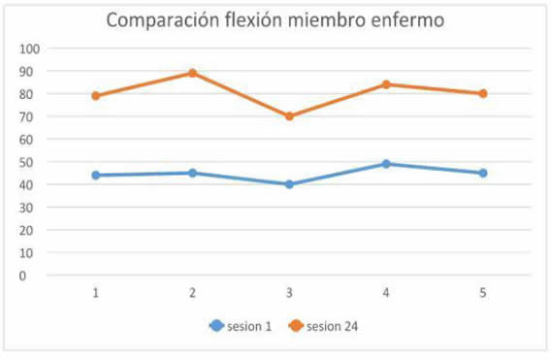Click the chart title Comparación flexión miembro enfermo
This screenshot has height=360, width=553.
click(x=275, y=20)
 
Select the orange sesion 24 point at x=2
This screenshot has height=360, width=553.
click(x=192, y=73)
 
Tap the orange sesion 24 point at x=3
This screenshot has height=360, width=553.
click(x=289, y=116)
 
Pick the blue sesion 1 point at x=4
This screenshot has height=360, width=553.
click(x=386, y=164)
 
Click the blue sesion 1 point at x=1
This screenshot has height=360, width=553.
click(x=95, y=175)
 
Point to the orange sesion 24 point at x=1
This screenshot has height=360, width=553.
click(x=95, y=96)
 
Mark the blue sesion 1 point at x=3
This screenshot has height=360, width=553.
click(x=289, y=184)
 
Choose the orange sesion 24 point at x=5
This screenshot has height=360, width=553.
click(x=483, y=93)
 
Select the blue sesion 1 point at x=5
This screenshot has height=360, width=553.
click(x=483, y=173)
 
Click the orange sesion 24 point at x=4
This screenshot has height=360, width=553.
click(x=386, y=84)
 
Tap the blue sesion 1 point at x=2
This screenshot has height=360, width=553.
click(x=192, y=173)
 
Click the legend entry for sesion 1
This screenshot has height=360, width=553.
click(x=239, y=326)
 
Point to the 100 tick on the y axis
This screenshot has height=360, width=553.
click(x=29, y=49)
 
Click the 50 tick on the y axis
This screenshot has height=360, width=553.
click(x=32, y=162)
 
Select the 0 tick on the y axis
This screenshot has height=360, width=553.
click(x=35, y=276)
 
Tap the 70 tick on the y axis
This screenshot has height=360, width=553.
click(x=32, y=116)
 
